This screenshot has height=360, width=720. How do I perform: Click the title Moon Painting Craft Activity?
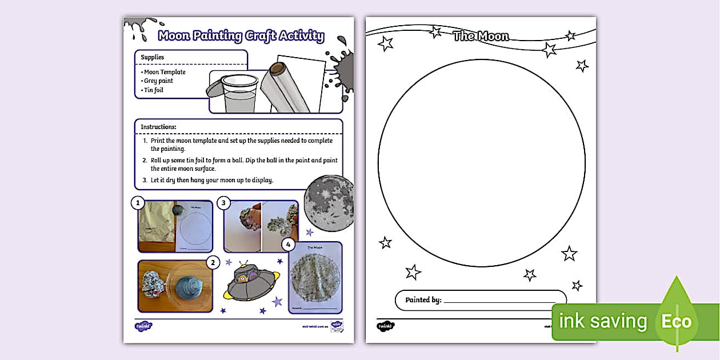(x=241, y=37)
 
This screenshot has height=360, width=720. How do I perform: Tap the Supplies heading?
(x=153, y=57)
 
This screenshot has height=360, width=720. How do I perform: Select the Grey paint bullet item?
(x=158, y=81)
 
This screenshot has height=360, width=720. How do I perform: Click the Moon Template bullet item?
(x=165, y=72)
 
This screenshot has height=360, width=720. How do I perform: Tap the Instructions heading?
(x=158, y=126)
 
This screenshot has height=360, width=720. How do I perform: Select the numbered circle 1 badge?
(x=137, y=202)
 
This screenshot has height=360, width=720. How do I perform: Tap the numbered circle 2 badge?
(x=212, y=263)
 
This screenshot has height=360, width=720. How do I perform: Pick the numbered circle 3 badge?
(x=224, y=203)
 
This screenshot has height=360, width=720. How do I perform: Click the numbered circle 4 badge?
(x=289, y=245)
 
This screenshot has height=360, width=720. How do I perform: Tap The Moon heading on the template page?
(x=481, y=37)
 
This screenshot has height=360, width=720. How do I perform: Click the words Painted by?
(x=423, y=300)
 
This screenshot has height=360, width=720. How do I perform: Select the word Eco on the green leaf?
(x=677, y=322)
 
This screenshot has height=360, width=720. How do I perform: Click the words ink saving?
(x=603, y=322)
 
